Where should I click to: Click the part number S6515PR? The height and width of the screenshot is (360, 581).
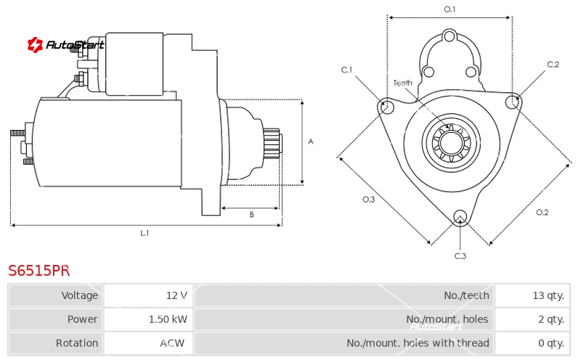[x=39, y=271]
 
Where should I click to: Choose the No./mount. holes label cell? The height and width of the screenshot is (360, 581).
[x=344, y=319]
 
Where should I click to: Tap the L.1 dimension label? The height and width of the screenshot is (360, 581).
[x=145, y=233]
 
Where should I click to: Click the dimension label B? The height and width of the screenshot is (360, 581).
[x=251, y=214]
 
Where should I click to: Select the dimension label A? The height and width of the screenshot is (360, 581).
[x=311, y=142]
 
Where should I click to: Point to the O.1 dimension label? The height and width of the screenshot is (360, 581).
[x=450, y=9]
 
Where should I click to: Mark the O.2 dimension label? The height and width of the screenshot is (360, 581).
[x=542, y=212]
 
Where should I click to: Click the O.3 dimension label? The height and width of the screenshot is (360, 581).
[x=369, y=200]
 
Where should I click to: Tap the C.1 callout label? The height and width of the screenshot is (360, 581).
[x=347, y=70]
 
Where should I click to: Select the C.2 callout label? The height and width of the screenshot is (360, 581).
[x=553, y=65]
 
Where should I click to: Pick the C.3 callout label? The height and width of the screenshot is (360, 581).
[x=460, y=256]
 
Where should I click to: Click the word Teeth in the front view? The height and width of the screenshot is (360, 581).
[x=403, y=83]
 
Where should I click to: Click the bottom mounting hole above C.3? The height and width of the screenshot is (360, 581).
[x=460, y=217]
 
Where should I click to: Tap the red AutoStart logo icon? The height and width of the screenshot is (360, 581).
[x=35, y=45]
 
